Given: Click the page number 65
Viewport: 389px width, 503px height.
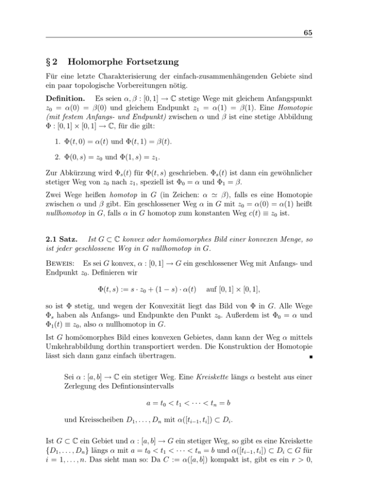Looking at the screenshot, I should click(306, 33).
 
